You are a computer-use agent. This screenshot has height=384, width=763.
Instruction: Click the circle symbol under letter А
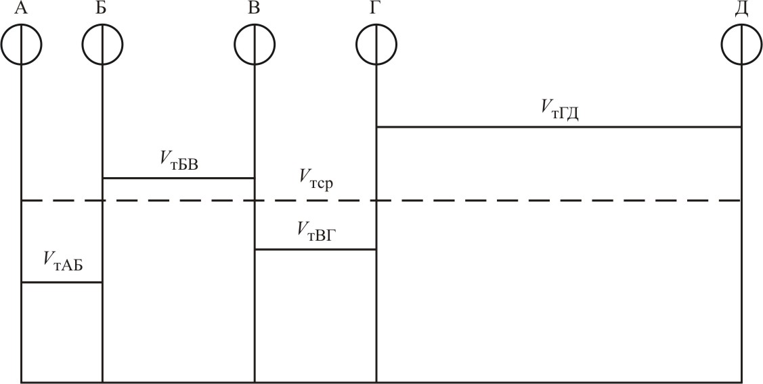tap(22, 45)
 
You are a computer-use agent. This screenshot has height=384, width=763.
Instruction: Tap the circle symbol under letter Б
tap(102, 45)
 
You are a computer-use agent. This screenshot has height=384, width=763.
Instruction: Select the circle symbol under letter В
tap(255, 45)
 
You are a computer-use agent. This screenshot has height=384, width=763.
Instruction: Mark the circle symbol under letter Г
tap(376, 45)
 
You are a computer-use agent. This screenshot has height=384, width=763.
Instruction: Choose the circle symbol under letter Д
tap(741, 45)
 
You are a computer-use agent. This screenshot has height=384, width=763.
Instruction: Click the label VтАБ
tap(63, 260)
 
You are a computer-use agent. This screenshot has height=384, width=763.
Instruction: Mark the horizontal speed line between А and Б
tap(62, 282)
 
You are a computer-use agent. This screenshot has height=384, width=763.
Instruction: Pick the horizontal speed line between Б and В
tap(178, 178)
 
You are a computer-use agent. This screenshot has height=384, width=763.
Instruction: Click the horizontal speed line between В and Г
tap(315, 249)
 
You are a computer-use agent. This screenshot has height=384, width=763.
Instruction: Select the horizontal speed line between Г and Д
tap(559, 126)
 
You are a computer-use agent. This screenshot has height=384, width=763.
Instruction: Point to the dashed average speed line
tap(474, 201)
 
